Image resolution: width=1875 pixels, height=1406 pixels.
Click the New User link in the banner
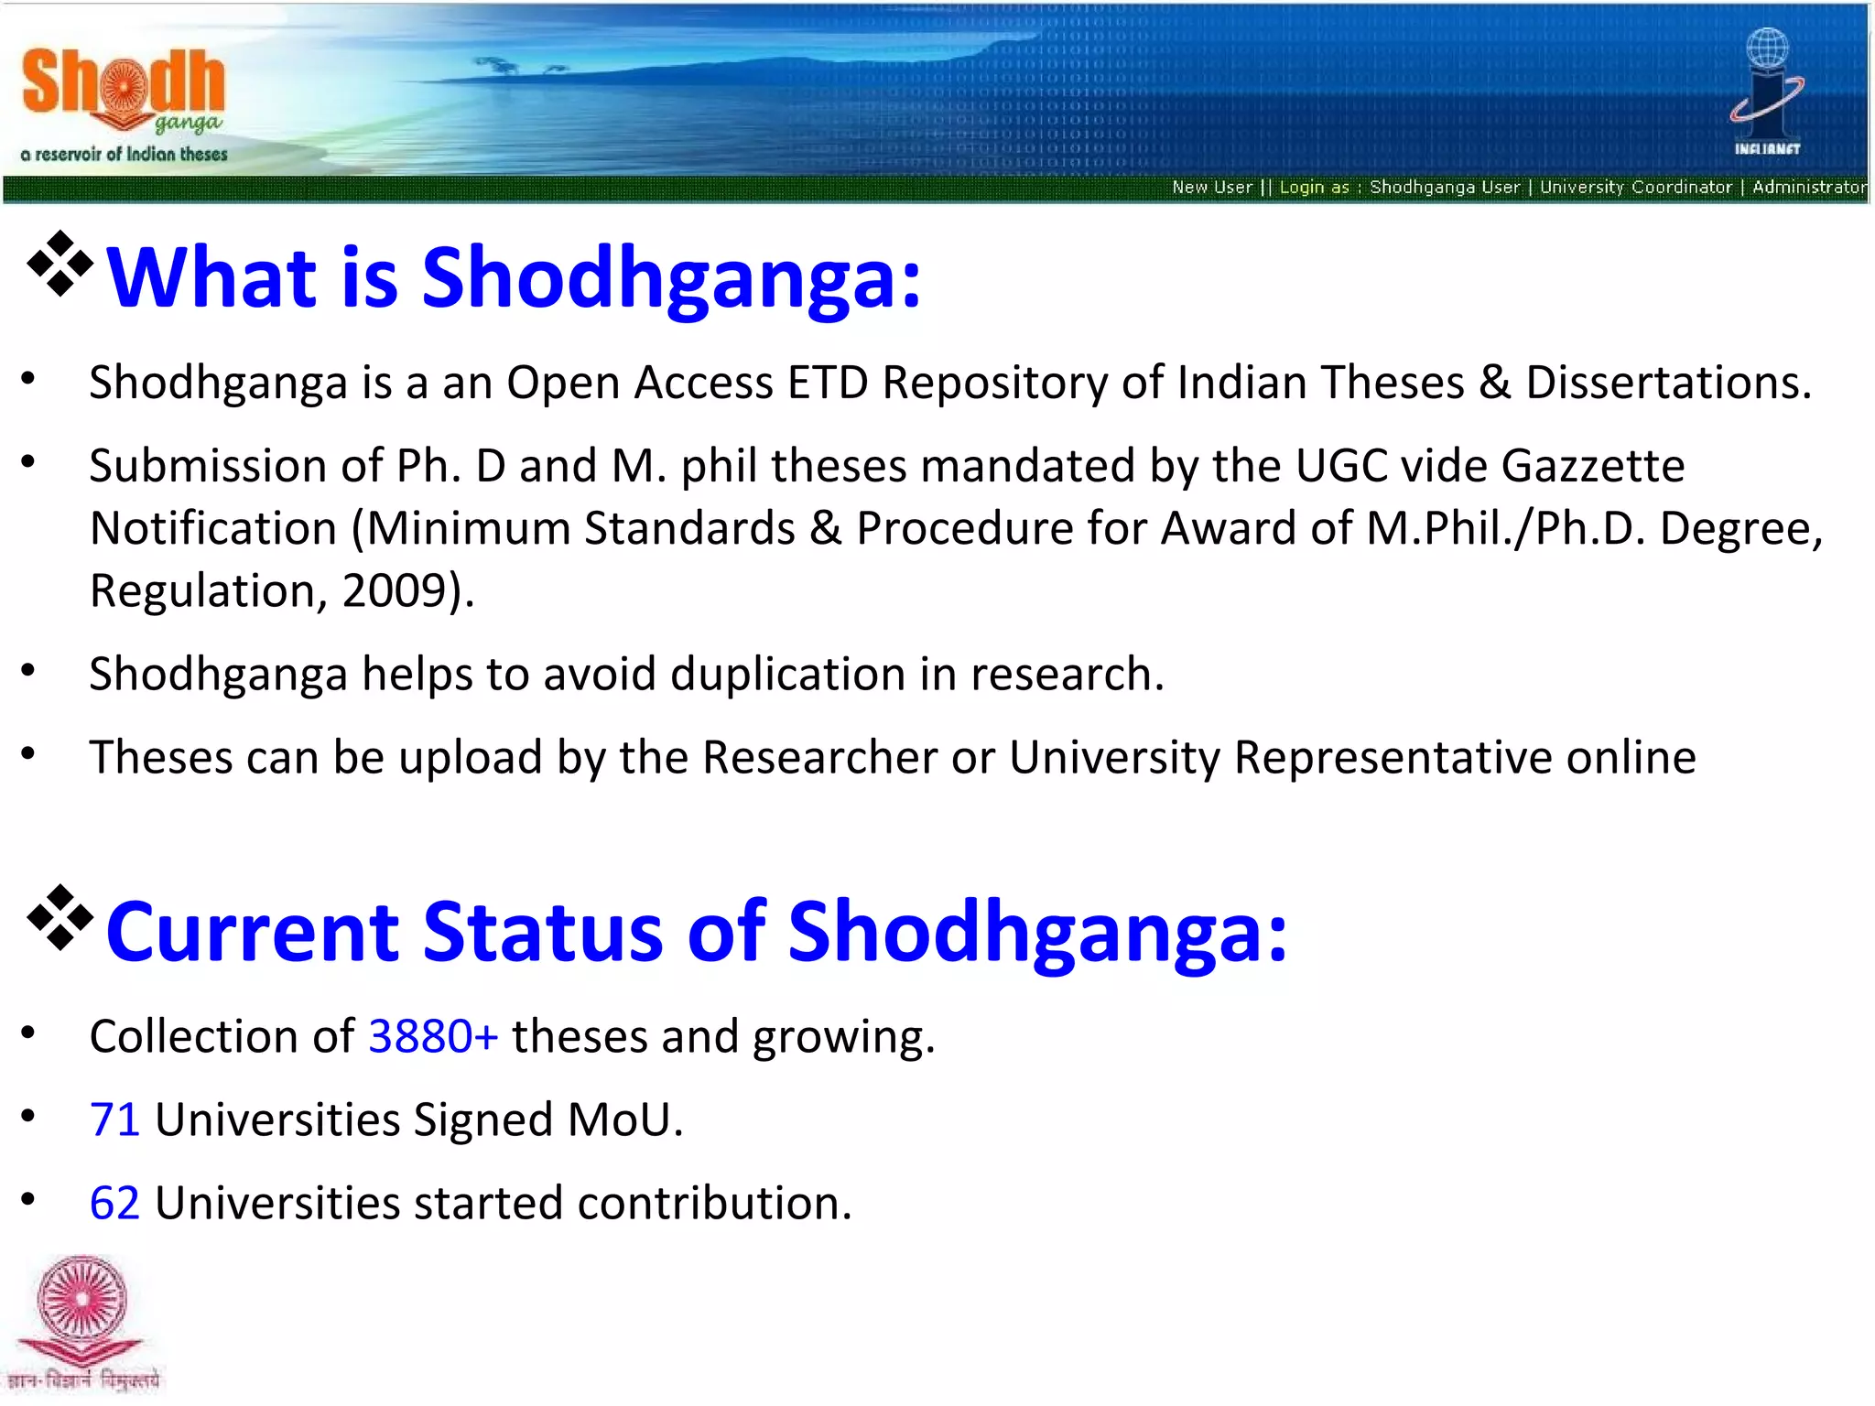pyautogui.click(x=1211, y=188)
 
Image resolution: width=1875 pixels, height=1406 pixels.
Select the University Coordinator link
pyautogui.click(x=1635, y=188)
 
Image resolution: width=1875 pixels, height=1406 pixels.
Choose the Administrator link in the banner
pyautogui.click(x=1808, y=188)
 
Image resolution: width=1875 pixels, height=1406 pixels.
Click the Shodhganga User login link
pyautogui.click(x=1444, y=188)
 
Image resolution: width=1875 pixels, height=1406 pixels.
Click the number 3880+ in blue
pyautogui.click(x=433, y=1037)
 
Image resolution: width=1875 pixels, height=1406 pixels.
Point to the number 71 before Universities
pyautogui.click(x=114, y=1120)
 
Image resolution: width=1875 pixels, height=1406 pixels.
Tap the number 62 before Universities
pyautogui.click(x=114, y=1204)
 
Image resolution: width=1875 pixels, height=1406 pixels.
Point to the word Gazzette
pyautogui.click(x=1592, y=467)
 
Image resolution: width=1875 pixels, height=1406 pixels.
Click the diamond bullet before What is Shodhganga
pyautogui.click(x=60, y=265)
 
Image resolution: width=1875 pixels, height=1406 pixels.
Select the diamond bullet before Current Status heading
pyautogui.click(x=60, y=918)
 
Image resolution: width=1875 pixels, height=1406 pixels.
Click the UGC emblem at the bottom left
pyautogui.click(x=81, y=1318)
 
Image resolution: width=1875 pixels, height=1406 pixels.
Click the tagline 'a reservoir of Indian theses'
pyautogui.click(x=124, y=155)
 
